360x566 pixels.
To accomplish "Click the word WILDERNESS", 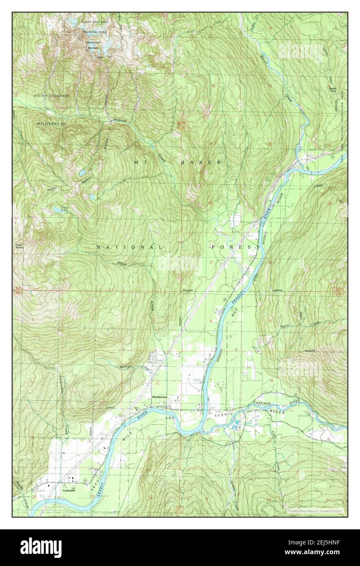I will coord(51,123).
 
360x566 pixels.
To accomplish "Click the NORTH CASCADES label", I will coord(94,21).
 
